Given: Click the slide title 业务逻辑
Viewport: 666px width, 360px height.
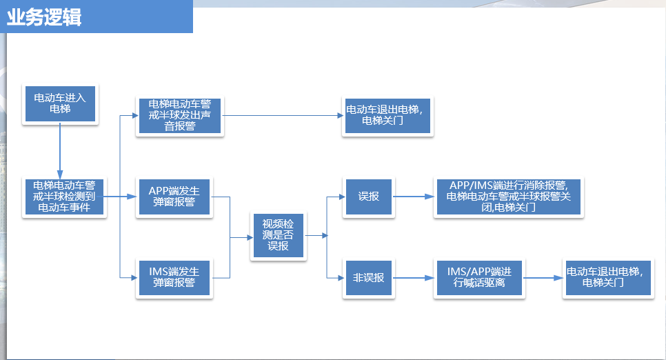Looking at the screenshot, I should point(44,18).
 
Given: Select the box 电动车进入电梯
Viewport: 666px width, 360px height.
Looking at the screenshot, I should point(60,104).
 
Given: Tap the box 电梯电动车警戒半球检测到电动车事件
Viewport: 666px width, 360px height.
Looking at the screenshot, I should point(64,197).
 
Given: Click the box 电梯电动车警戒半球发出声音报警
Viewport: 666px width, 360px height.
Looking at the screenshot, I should point(179,116).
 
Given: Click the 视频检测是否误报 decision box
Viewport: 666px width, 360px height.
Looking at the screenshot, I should point(278,236).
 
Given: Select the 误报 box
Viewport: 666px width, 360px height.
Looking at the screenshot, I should point(369,197).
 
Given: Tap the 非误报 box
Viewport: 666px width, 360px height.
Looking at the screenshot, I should point(369,277).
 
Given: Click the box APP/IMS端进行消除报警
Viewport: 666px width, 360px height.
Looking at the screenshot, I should point(509,197).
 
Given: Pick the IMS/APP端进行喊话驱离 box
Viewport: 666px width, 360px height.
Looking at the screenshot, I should point(481,277).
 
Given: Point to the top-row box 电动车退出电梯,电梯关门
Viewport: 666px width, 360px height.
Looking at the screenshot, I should point(387,115).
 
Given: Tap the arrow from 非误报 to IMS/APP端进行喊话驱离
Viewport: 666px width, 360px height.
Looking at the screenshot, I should point(414,277).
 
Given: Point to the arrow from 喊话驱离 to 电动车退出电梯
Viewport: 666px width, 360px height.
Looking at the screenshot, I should point(545,277).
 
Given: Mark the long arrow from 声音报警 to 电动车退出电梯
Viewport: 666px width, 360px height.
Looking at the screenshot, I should point(283,115).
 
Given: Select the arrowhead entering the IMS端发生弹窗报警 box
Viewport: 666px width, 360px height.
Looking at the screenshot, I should point(132,277).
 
